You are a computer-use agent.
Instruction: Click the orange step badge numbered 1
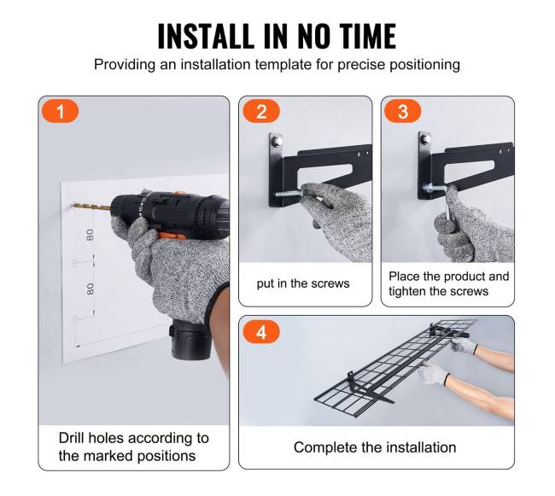60,111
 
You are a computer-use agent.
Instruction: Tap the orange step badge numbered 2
261,111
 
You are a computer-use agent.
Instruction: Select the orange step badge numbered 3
403,111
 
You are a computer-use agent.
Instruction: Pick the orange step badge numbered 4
261,332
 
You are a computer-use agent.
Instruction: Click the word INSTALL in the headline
206,36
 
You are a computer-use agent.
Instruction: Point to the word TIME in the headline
368,36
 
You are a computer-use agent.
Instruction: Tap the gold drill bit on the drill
91,207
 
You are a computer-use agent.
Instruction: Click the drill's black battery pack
190,339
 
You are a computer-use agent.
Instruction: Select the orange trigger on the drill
172,236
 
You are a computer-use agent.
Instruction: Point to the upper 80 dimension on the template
91,235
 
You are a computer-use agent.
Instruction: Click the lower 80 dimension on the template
91,289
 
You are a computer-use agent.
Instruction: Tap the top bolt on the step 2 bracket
277,141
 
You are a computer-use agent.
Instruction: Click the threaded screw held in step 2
288,193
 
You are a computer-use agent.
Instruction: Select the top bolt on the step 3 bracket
425,138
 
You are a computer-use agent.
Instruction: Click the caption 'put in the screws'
303,283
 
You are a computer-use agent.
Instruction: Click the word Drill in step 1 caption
71,438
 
